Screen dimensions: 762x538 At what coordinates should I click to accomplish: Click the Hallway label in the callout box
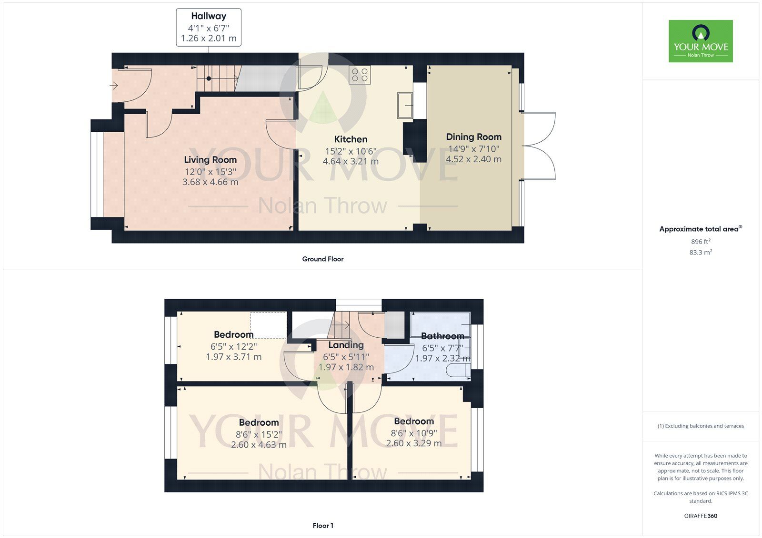209,16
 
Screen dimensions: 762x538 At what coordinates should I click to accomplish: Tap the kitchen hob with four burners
360,75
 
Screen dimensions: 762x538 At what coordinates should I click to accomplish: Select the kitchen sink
405,105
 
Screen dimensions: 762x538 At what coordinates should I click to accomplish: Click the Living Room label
210,160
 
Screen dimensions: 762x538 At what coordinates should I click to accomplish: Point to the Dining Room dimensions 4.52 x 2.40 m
473,159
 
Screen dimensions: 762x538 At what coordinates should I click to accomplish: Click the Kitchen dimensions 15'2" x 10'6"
351,151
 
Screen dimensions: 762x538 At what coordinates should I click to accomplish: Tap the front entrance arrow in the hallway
114,85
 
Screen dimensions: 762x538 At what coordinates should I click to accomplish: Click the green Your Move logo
701,41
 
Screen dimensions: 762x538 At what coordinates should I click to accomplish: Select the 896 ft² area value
701,241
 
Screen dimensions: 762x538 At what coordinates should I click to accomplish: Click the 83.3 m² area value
701,252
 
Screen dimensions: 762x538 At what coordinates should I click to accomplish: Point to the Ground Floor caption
323,259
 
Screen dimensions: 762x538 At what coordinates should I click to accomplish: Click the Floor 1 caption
323,526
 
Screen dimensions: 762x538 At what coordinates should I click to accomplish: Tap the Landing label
346,345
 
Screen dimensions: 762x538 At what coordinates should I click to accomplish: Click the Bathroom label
442,336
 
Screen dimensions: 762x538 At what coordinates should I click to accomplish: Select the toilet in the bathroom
458,370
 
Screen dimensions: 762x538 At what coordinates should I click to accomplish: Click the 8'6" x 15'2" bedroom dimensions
259,434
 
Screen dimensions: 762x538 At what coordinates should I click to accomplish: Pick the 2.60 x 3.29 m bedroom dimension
414,443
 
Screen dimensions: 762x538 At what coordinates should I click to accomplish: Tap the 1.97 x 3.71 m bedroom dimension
234,357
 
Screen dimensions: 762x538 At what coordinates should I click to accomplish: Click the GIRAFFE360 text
701,516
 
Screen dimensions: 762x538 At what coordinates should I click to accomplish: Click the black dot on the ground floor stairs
209,78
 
